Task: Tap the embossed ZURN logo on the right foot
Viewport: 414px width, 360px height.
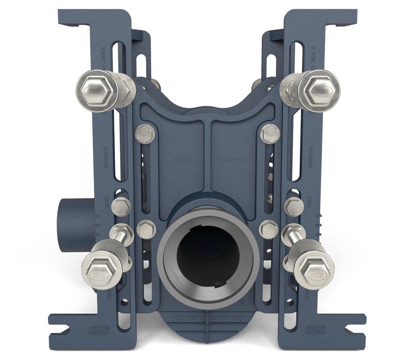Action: coord(315,330)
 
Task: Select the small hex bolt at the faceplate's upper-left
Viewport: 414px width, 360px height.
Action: coord(145,134)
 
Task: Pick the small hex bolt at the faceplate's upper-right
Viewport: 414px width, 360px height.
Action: coord(270,134)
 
